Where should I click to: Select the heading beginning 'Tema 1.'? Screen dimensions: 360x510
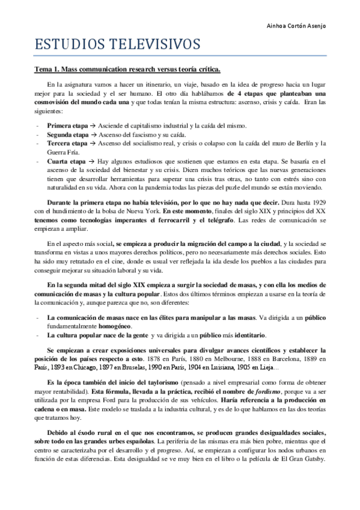click(127, 70)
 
